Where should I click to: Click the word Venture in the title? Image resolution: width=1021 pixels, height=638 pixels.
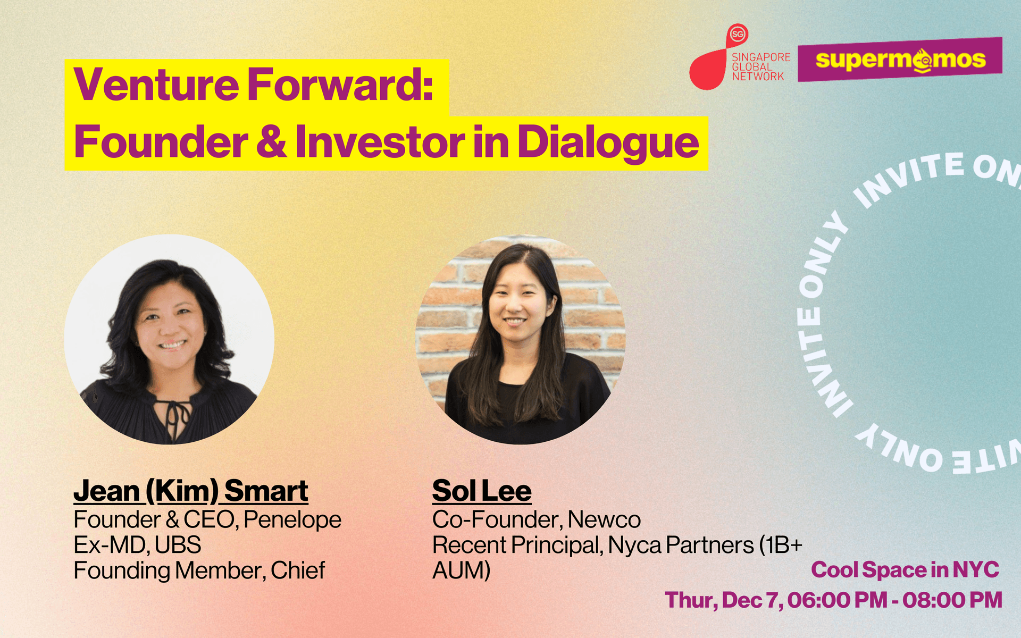(156, 85)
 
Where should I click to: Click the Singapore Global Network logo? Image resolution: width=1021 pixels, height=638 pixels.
(740, 57)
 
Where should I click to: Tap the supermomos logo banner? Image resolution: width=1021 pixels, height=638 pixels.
(900, 60)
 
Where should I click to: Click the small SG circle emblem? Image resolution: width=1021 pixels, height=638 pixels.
(738, 35)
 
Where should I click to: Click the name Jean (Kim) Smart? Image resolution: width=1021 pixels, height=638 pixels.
(191, 491)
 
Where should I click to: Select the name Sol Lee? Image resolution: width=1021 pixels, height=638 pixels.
(482, 491)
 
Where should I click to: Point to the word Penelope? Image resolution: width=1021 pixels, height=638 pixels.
(292, 520)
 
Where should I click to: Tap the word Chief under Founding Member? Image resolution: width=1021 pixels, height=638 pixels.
(298, 570)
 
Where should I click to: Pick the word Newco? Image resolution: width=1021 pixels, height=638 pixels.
(604, 519)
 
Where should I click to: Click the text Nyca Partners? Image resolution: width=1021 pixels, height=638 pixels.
(681, 545)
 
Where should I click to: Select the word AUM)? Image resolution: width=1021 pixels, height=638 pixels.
(462, 570)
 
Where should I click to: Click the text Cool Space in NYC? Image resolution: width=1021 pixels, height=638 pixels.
(905, 570)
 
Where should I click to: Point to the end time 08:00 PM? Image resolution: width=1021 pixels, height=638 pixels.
(952, 600)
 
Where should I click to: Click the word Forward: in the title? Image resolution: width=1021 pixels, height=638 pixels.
(340, 85)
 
